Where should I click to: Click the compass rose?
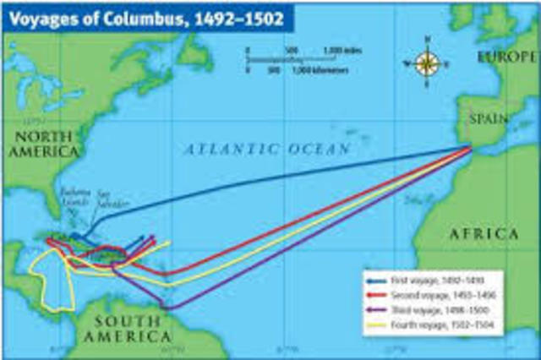coord(428,63)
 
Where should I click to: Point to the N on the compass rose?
coord(428,40)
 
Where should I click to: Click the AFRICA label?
coord(483,234)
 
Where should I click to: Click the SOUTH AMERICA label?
coord(128,329)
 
